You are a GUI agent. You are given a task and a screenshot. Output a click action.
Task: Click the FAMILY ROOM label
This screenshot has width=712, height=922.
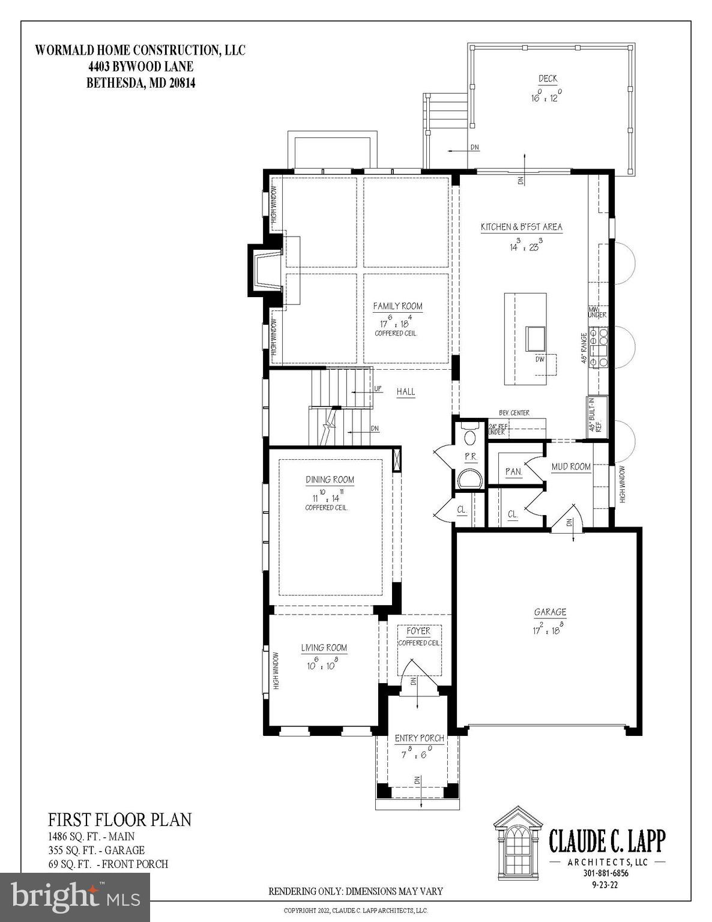[x=397, y=306]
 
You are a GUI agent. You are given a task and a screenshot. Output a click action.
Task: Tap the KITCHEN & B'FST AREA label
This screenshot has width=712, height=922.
[x=521, y=227]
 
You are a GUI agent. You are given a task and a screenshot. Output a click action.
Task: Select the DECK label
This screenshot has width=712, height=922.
[x=548, y=79]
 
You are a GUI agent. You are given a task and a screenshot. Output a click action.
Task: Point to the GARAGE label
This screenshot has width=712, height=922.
[x=550, y=612]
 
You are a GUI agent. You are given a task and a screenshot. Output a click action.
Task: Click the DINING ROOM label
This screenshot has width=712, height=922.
[x=330, y=480]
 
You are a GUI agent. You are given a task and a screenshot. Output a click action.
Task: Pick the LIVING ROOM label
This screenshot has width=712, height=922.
[x=324, y=648]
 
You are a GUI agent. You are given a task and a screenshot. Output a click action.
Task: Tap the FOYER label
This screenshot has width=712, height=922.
[x=418, y=631]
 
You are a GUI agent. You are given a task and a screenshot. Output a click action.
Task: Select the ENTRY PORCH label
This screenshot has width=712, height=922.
[x=419, y=738]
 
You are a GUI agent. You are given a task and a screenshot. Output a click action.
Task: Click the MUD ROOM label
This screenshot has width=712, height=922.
[x=571, y=466]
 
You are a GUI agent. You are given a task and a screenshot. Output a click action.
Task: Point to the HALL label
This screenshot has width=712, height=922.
[x=406, y=391]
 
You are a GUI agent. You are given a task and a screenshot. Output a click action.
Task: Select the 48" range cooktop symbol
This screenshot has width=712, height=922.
[x=599, y=348]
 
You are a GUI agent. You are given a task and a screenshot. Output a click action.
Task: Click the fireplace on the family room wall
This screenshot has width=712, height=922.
[x=265, y=270]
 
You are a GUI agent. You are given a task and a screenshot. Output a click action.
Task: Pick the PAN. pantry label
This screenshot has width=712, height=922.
[x=513, y=472]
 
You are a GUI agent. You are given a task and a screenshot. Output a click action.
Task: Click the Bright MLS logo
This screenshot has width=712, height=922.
[x=75, y=897]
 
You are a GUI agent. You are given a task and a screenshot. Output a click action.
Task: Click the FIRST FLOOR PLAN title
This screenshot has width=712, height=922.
[x=119, y=819]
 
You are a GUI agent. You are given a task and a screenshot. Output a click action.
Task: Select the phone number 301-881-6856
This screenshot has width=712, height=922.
[x=606, y=873]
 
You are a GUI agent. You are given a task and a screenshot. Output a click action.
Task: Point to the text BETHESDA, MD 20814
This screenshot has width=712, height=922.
[x=141, y=83]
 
